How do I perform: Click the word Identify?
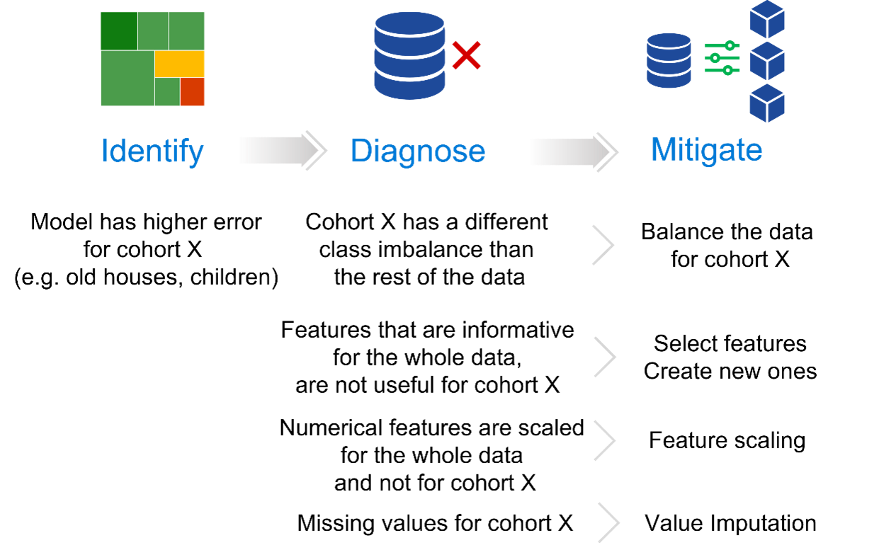[x=152, y=151]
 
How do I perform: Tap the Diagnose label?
[x=418, y=151]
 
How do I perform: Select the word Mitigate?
[x=706, y=150]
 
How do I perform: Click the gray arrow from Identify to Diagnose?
[x=280, y=150]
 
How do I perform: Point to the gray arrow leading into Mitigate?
[x=571, y=151]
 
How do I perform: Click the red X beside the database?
[x=466, y=56]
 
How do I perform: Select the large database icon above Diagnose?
[x=409, y=55]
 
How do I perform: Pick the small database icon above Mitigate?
[x=669, y=60]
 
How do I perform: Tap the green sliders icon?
[x=722, y=58]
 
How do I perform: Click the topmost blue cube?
[x=768, y=20]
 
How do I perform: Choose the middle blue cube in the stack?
[x=768, y=62]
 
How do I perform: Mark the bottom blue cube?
[x=768, y=103]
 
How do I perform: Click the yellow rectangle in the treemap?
[x=179, y=64]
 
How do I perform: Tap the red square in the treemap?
[x=192, y=92]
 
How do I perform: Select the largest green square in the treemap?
[x=127, y=78]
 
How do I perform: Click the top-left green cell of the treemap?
[x=118, y=30]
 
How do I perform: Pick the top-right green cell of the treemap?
[x=186, y=30]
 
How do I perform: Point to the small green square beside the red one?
[x=167, y=92]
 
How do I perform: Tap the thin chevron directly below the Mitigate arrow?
[x=603, y=245]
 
